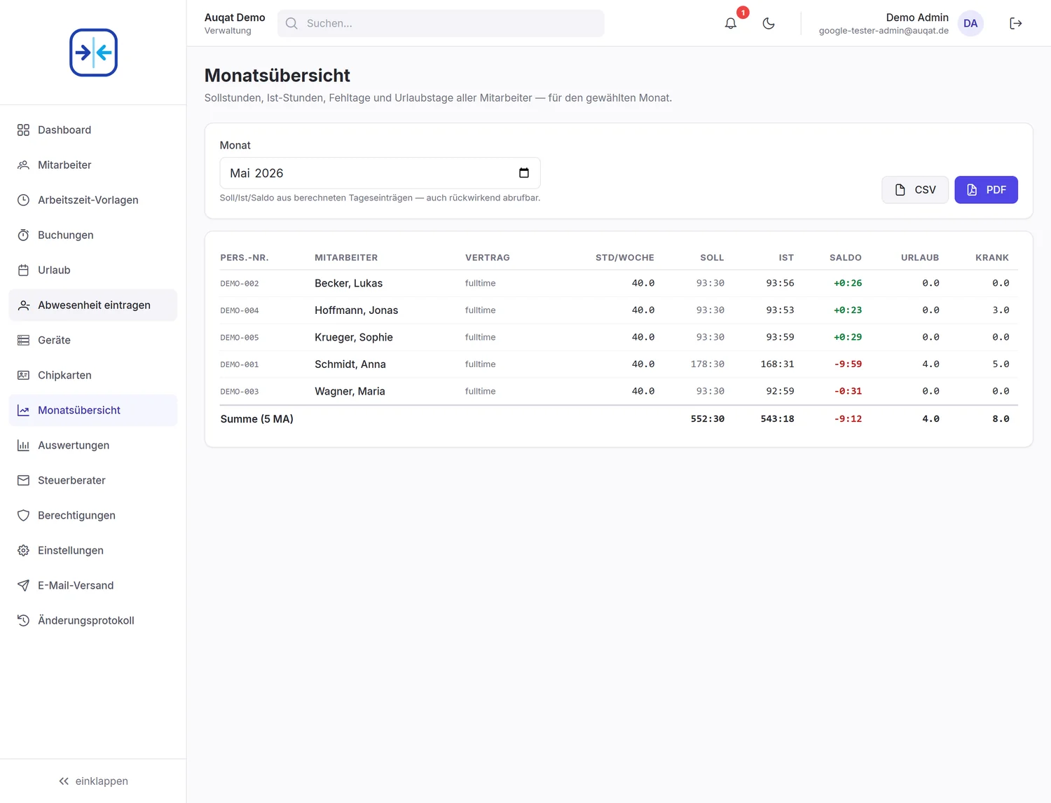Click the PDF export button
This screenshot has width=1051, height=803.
986,190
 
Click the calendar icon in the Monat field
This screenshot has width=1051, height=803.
524,173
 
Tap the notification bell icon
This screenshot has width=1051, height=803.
730,23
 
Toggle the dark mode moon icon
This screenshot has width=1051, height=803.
768,23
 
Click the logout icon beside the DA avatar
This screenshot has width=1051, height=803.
1015,23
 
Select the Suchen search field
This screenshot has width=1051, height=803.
441,23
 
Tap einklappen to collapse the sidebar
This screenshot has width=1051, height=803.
93,781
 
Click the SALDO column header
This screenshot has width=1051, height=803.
845,258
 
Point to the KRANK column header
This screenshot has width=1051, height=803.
991,258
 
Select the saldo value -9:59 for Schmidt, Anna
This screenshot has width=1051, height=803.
848,364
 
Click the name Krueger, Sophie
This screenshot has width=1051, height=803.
353,337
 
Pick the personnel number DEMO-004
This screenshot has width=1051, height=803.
240,310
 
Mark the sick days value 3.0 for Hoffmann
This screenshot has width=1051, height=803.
1001,310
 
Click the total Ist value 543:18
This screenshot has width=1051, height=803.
777,418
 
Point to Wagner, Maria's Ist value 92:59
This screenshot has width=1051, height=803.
780,391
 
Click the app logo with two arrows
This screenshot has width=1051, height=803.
93,53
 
